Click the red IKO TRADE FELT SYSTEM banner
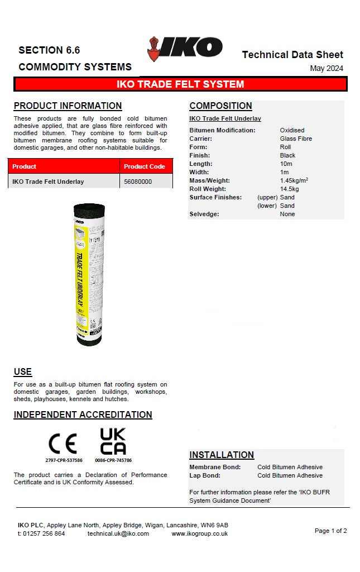pyautogui.click(x=180, y=84)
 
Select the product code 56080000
pyautogui.click(x=137, y=182)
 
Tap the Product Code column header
pyautogui.click(x=144, y=166)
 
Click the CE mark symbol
pyautogui.click(x=63, y=444)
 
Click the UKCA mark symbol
pyautogui.click(x=113, y=442)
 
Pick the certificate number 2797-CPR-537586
pyautogui.click(x=64, y=460)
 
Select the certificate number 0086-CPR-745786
pyautogui.click(x=113, y=460)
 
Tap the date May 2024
pyautogui.click(x=327, y=69)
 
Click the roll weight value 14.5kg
pyautogui.click(x=289, y=189)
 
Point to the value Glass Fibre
pyautogui.click(x=296, y=139)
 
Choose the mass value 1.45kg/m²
pyautogui.click(x=294, y=180)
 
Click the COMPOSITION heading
pyautogui.click(x=220, y=106)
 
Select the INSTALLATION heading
pyautogui.click(x=222, y=455)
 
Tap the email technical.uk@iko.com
pyautogui.click(x=118, y=533)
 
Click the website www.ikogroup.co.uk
pyautogui.click(x=199, y=533)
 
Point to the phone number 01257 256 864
pyautogui.click(x=45, y=533)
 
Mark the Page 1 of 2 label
pyautogui.click(x=330, y=531)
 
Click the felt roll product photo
pyautogui.click(x=88, y=274)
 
